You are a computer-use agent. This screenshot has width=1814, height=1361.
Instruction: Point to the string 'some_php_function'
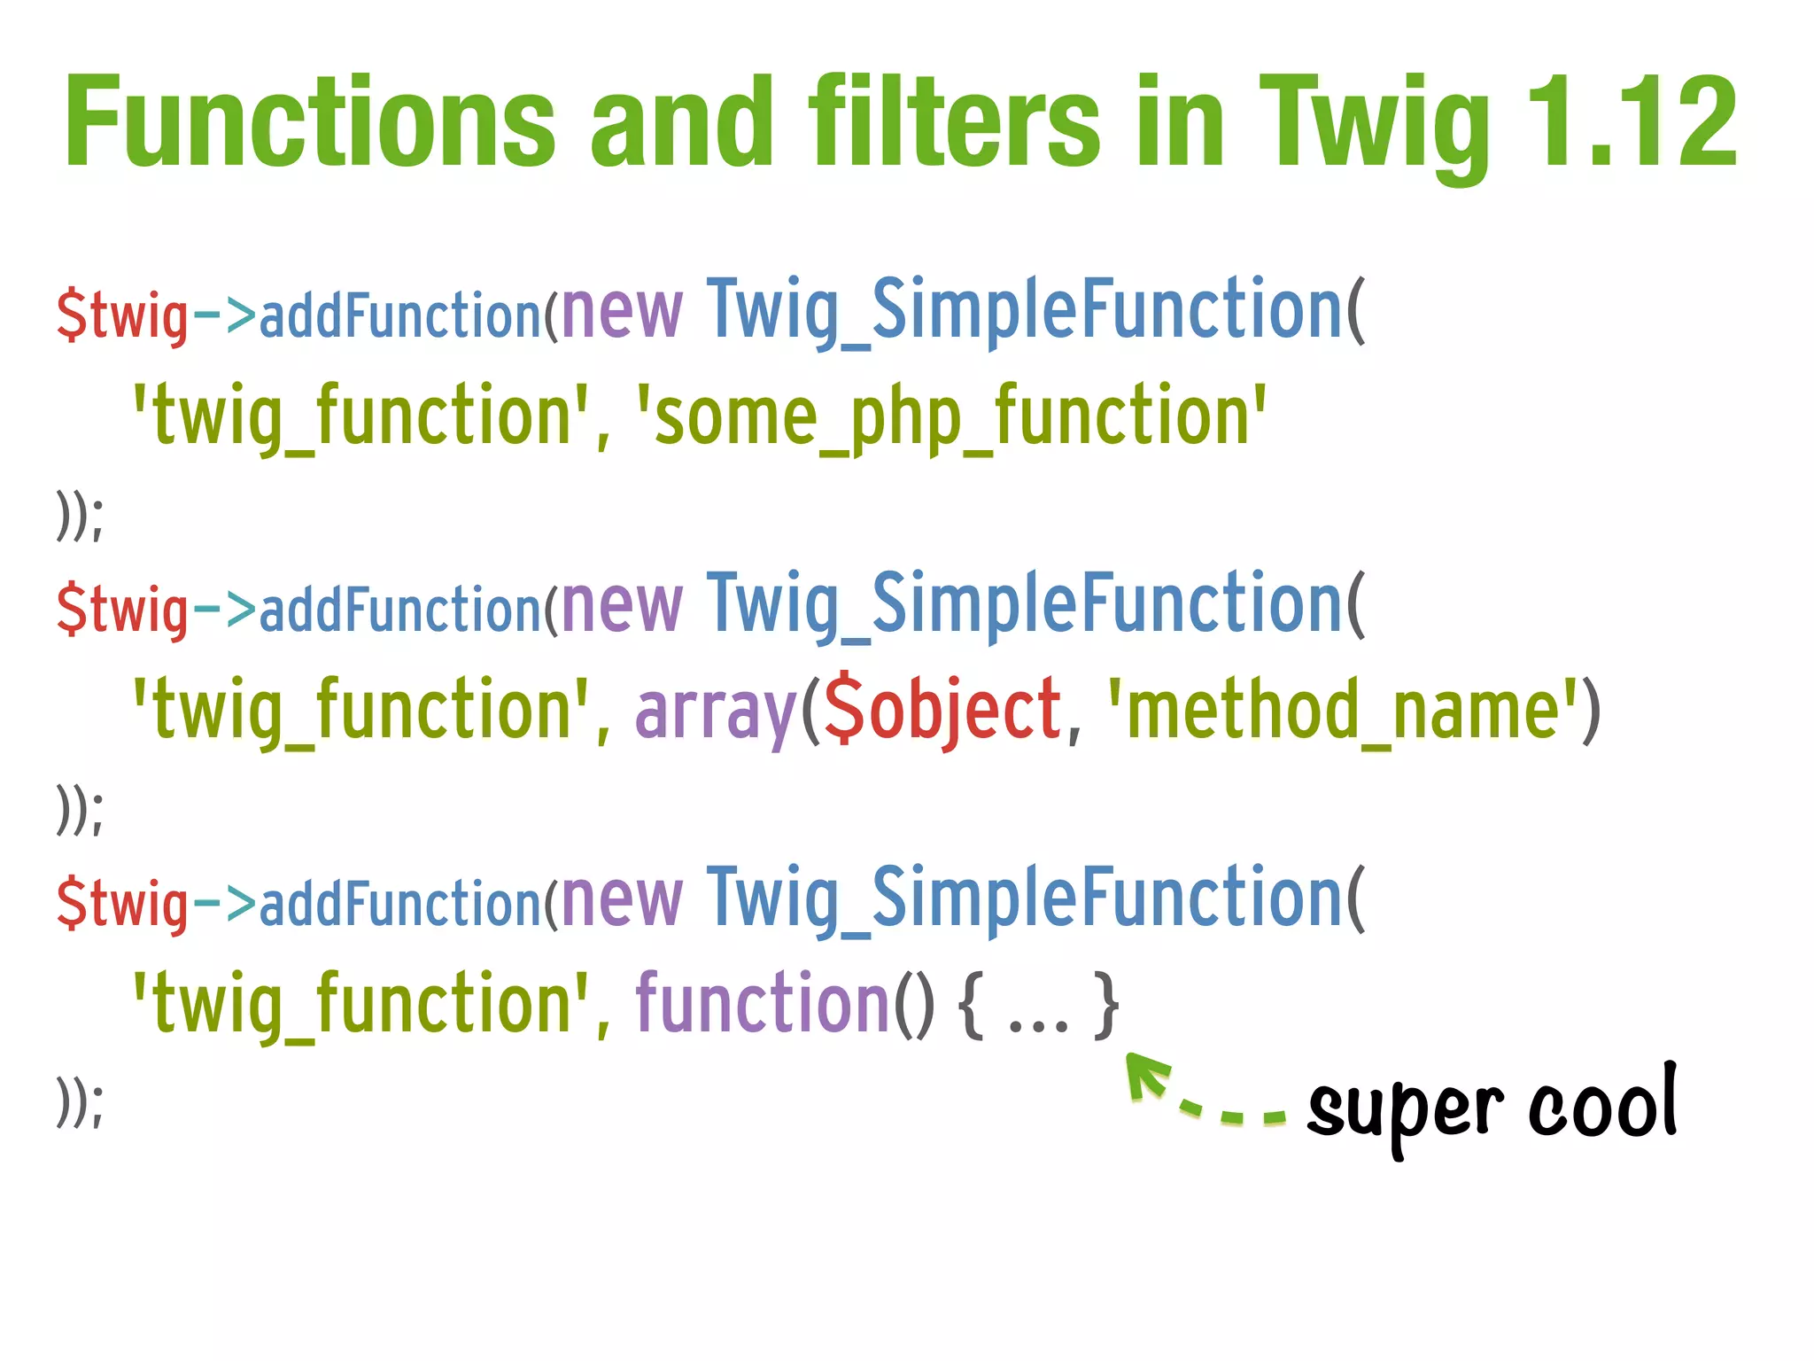click(952, 416)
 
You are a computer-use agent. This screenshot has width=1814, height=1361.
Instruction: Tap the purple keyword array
click(716, 714)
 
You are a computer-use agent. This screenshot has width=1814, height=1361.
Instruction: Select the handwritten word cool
click(1603, 1103)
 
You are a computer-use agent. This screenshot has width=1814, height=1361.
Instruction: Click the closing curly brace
click(1105, 1006)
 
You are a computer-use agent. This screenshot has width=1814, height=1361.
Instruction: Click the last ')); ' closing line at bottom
click(80, 1103)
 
